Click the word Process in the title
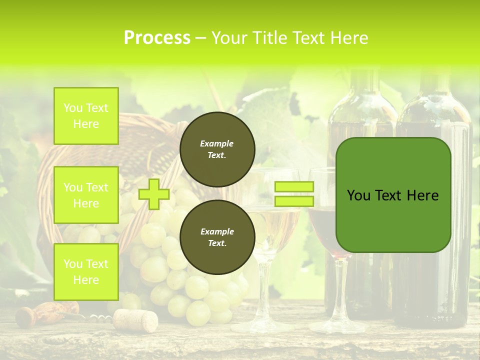tap(157, 38)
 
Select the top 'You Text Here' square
tap(86, 116)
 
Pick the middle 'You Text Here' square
tap(86, 195)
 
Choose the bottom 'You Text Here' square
tap(86, 272)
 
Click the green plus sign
tap(154, 194)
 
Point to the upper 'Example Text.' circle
tap(217, 149)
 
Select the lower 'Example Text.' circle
tap(217, 237)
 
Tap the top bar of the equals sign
tap(294, 187)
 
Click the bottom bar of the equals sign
tap(294, 201)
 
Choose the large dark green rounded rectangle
tap(393, 195)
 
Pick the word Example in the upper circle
tap(217, 144)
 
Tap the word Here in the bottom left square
tap(86, 280)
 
